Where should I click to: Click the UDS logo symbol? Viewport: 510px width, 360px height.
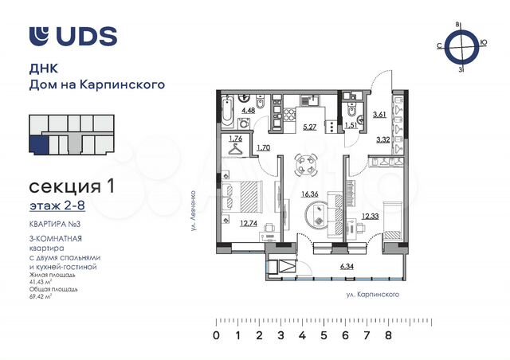(x=39, y=35)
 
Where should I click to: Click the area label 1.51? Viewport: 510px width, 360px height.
(x=351, y=125)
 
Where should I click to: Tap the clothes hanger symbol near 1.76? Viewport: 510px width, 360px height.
(x=236, y=150)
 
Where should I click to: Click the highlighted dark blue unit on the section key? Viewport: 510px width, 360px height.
(x=37, y=145)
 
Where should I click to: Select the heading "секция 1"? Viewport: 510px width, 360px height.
(x=71, y=188)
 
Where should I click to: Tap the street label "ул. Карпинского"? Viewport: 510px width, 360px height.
(x=367, y=295)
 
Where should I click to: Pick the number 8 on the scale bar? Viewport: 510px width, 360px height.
(x=388, y=336)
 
